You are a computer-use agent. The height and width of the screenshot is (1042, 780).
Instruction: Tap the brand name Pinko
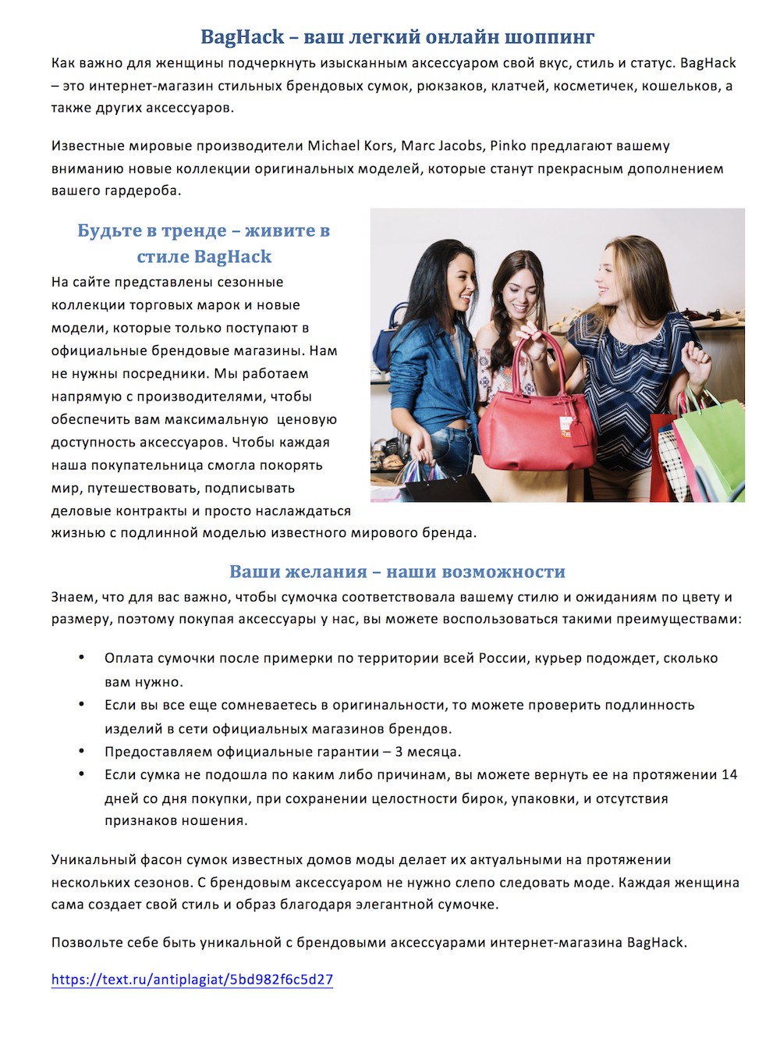[x=508, y=146]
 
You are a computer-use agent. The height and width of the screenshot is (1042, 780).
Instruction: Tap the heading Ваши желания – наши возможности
[x=397, y=572]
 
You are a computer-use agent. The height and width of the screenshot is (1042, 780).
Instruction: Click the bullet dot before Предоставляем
[x=81, y=751]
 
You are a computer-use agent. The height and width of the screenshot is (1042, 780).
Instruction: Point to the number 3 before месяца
[x=399, y=752]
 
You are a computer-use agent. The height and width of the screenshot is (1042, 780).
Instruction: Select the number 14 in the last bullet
[x=729, y=775]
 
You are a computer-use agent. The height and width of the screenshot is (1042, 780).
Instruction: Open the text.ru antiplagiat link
[x=192, y=980]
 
